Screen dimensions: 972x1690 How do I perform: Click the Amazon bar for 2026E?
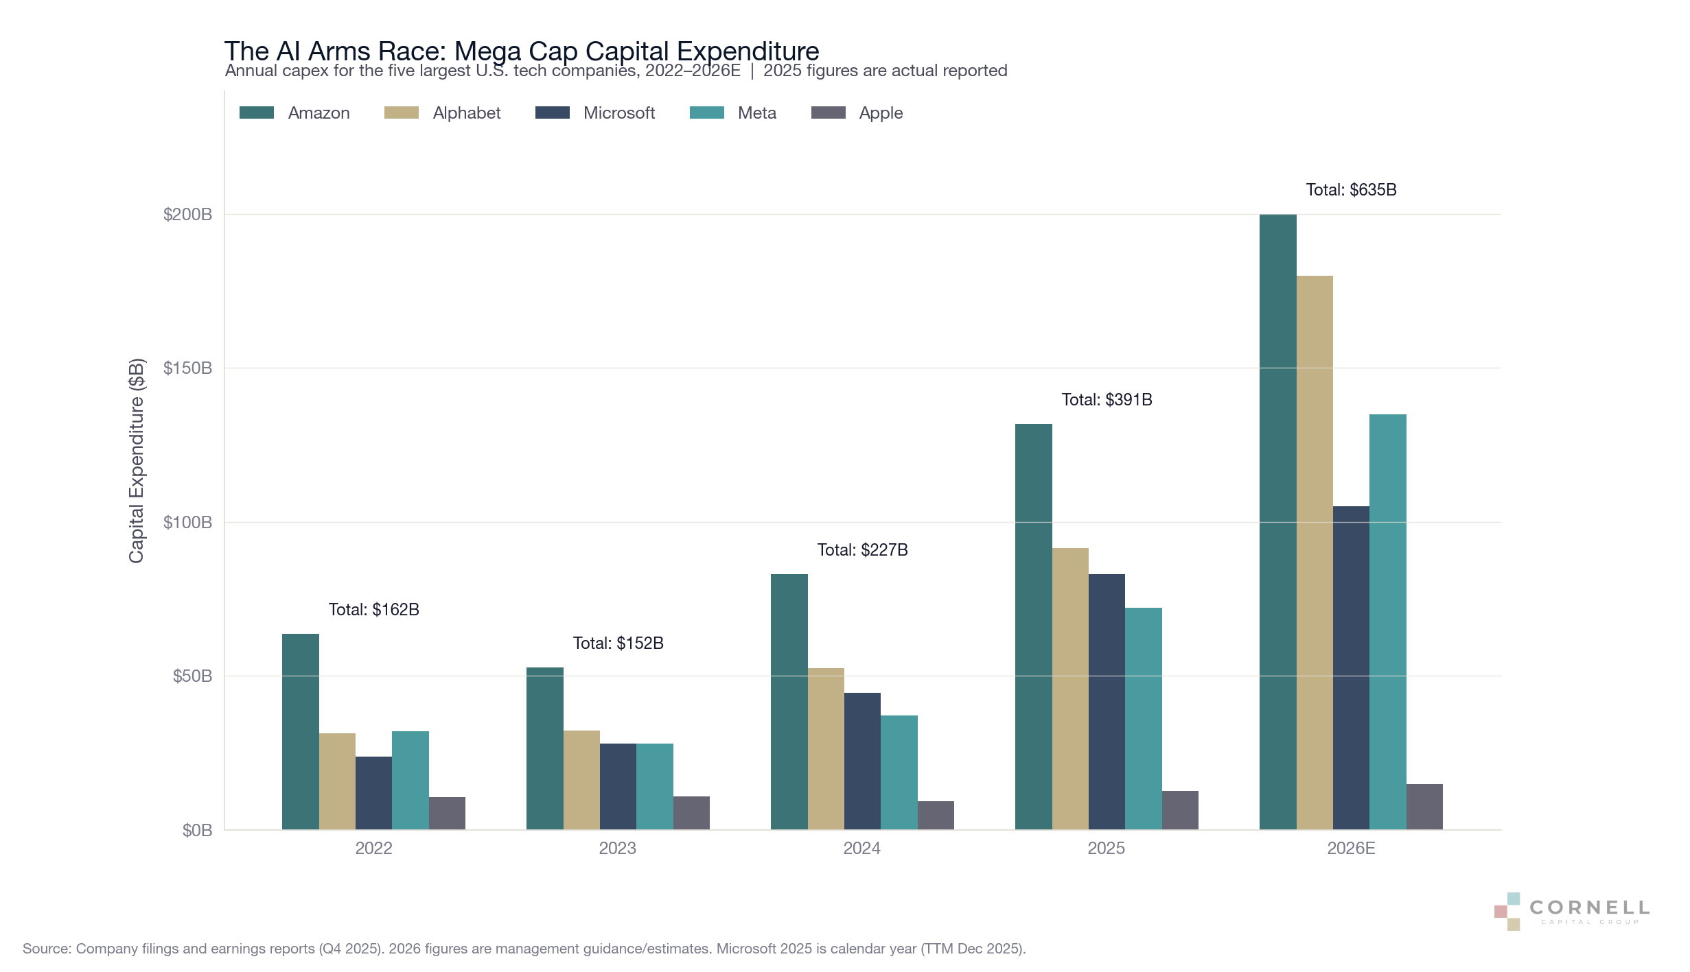click(x=1277, y=521)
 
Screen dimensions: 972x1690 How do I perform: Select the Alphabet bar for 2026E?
click(x=1315, y=552)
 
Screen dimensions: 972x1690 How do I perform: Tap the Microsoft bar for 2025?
click(x=1107, y=701)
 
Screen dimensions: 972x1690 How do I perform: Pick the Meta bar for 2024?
click(x=899, y=772)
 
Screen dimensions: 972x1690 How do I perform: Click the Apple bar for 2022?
click(x=447, y=813)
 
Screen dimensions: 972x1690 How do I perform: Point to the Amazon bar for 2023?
click(x=544, y=748)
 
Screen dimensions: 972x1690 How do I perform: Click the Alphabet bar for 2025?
click(x=1070, y=688)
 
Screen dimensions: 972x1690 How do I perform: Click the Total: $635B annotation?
click(x=1351, y=190)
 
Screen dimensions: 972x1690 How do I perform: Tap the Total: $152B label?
click(x=618, y=643)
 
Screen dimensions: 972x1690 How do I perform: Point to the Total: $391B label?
click(x=1107, y=400)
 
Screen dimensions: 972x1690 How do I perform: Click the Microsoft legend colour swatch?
click(x=552, y=113)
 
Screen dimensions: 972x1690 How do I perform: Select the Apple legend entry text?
click(x=881, y=113)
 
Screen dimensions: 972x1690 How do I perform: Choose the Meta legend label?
click(x=756, y=113)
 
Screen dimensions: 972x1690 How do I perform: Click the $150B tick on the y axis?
click(x=187, y=368)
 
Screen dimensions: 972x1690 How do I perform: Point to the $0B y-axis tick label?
click(x=197, y=831)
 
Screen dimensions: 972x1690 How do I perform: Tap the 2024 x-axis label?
click(x=861, y=849)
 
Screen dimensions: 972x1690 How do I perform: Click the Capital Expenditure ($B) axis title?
click(x=137, y=460)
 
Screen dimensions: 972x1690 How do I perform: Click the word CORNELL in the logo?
click(x=1589, y=908)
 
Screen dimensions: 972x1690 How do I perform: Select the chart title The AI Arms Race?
click(x=521, y=51)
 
